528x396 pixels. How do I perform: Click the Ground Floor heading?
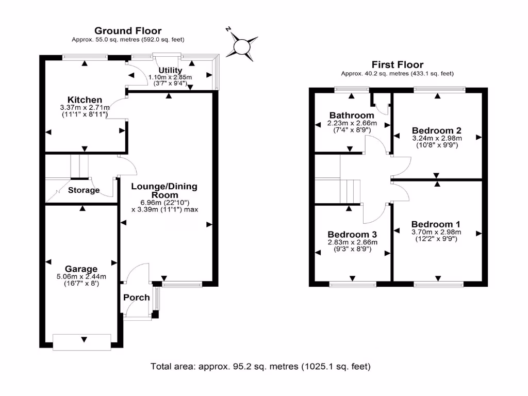point(128,31)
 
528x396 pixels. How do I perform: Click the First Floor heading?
point(398,65)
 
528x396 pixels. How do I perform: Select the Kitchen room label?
point(85,100)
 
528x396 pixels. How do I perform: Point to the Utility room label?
point(170,70)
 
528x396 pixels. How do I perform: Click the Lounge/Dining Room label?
point(164,191)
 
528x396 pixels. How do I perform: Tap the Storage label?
point(84,190)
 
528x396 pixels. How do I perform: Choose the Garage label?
point(81,269)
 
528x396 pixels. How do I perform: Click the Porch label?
point(137,298)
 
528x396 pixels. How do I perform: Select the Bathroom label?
point(352,115)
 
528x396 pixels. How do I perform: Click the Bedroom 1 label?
point(436,224)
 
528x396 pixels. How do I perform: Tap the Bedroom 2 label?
point(437,130)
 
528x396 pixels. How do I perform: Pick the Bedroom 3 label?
point(353,234)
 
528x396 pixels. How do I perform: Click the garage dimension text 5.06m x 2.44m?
point(81,276)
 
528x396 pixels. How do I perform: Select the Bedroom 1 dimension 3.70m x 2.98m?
point(436,232)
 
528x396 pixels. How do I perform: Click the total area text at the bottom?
point(260,367)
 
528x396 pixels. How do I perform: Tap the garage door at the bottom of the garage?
point(82,342)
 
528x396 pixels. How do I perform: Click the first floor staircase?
point(351,191)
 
